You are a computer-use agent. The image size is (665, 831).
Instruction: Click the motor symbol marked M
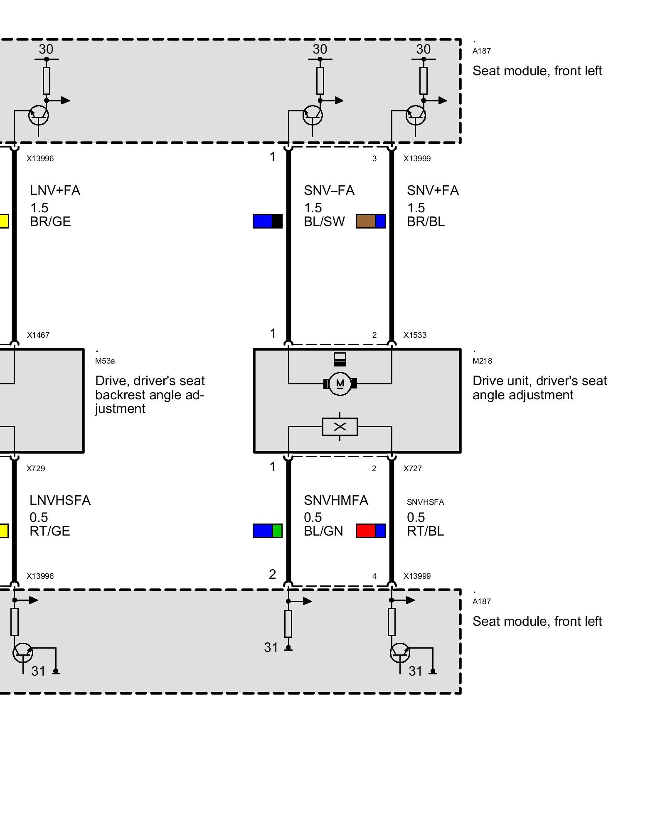[x=340, y=384]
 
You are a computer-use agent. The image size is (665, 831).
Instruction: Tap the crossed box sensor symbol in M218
[x=340, y=427]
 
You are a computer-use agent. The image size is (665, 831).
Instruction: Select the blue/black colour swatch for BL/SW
[x=267, y=221]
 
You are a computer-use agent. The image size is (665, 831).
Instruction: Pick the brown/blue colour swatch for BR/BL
[x=371, y=221]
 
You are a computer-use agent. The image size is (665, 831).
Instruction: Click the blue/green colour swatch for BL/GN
[x=267, y=531]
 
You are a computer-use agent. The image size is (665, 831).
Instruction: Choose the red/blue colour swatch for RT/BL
[x=371, y=531]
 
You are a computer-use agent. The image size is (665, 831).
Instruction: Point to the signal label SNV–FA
[x=329, y=190]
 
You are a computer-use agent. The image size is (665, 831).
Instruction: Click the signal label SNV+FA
[x=432, y=190]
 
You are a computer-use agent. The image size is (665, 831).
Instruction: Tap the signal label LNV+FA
[x=55, y=190]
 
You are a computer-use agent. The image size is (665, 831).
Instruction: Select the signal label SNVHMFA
[x=336, y=500]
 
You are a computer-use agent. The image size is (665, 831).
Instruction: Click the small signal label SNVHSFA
[x=425, y=502]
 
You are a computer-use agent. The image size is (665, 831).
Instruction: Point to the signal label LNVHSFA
[x=60, y=500]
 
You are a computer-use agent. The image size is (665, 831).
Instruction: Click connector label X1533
[x=415, y=335]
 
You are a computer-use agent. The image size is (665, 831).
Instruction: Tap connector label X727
[x=412, y=469]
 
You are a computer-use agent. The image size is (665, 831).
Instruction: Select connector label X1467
[x=38, y=335]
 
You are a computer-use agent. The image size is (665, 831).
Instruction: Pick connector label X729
[x=36, y=469]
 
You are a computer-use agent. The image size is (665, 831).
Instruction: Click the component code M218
[x=482, y=361]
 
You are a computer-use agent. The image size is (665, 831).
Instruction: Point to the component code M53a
[x=105, y=361]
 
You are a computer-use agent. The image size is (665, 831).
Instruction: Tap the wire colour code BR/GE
[x=50, y=222]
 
